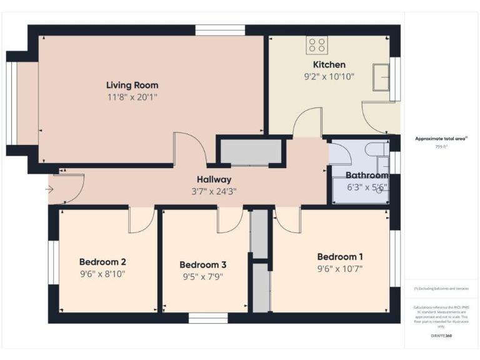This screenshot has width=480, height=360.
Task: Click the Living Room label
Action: click(x=132, y=85)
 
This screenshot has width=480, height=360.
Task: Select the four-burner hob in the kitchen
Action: click(x=317, y=45)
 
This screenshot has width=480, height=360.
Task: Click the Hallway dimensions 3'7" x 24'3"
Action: click(x=214, y=191)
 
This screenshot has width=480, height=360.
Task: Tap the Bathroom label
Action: click(x=367, y=176)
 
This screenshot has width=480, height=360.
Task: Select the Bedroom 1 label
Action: click(x=339, y=257)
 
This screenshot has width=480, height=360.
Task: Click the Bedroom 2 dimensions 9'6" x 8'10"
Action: click(x=102, y=274)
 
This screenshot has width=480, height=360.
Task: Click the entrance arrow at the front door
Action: click(x=50, y=189)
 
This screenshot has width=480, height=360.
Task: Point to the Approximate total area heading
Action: click(x=441, y=138)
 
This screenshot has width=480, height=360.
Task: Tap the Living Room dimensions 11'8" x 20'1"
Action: click(x=132, y=97)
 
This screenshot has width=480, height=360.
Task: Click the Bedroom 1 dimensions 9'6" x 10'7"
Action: click(x=339, y=269)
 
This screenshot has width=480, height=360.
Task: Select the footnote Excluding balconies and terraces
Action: click(x=441, y=289)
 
